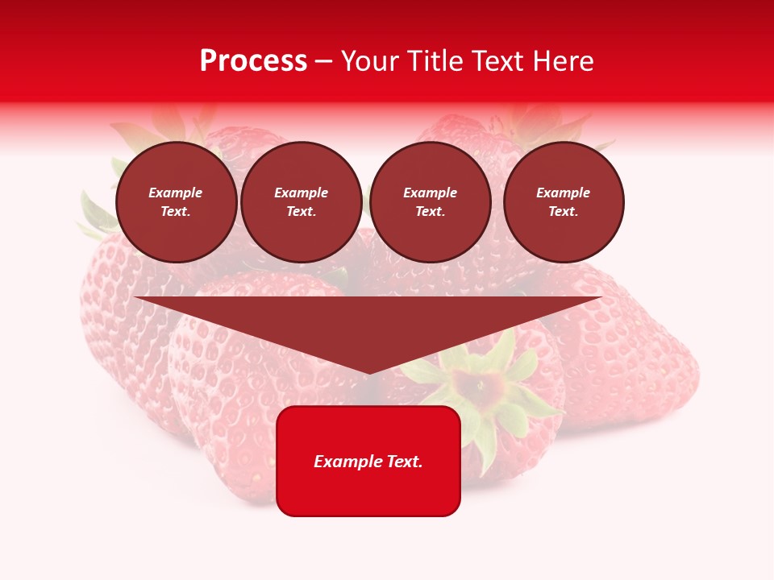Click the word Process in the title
(x=253, y=61)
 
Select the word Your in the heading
(x=372, y=61)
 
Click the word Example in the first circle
(x=176, y=193)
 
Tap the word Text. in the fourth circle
(x=564, y=211)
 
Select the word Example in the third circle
(x=431, y=193)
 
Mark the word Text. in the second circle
(x=302, y=211)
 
